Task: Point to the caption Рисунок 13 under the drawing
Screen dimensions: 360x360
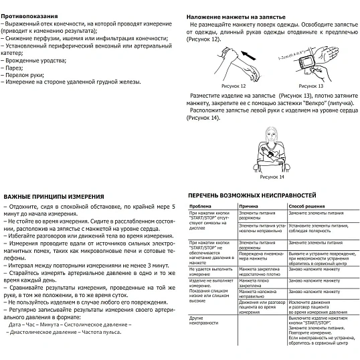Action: (x=310, y=86)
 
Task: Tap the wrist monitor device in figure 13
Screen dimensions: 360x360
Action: (x=308, y=63)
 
